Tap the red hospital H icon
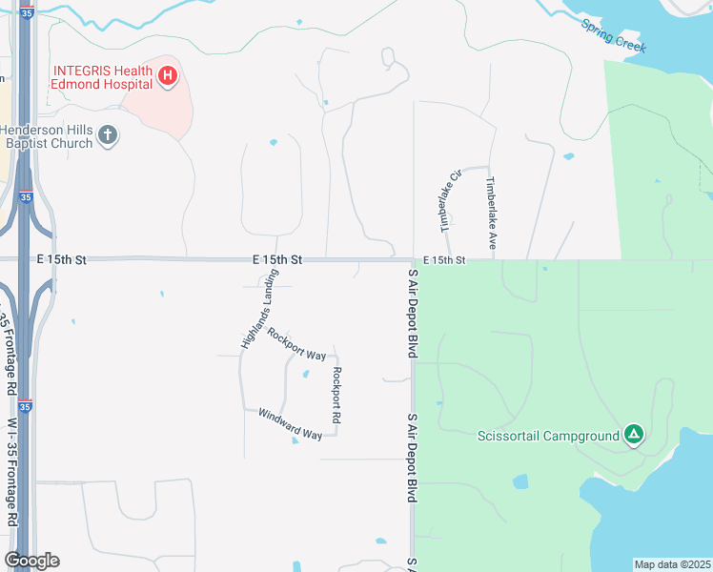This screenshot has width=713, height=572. point(168,75)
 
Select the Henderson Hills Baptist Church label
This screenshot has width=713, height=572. point(48,136)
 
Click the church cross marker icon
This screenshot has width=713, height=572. point(108,135)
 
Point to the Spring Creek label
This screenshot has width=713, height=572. point(614,34)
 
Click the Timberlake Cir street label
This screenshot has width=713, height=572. point(450,200)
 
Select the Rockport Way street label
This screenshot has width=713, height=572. point(296,344)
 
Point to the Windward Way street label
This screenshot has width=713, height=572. point(290,424)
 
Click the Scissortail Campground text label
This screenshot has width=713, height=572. point(548,437)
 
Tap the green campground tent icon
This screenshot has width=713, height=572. point(634,436)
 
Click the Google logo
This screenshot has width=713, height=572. point(31,561)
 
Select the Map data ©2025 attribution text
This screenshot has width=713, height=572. point(671,564)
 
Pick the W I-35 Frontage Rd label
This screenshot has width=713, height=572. point(12,472)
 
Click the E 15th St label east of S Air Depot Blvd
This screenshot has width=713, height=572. point(444,259)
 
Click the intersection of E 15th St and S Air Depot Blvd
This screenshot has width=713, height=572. point(413,259)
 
